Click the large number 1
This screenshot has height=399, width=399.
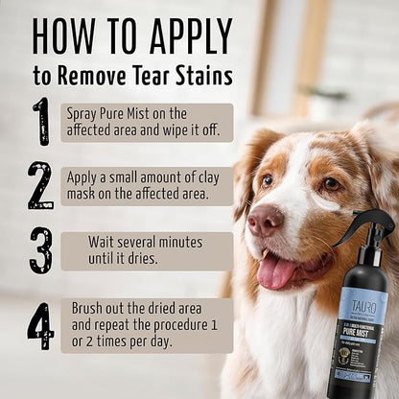(x=40, y=121)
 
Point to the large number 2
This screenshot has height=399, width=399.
(x=40, y=185)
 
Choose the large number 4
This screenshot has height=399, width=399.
(x=40, y=325)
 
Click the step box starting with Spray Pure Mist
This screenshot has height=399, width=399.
(x=147, y=122)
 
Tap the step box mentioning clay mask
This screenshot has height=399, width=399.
(x=147, y=186)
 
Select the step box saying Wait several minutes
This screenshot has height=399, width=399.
(x=147, y=250)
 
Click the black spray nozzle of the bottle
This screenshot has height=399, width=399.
(x=369, y=229)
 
